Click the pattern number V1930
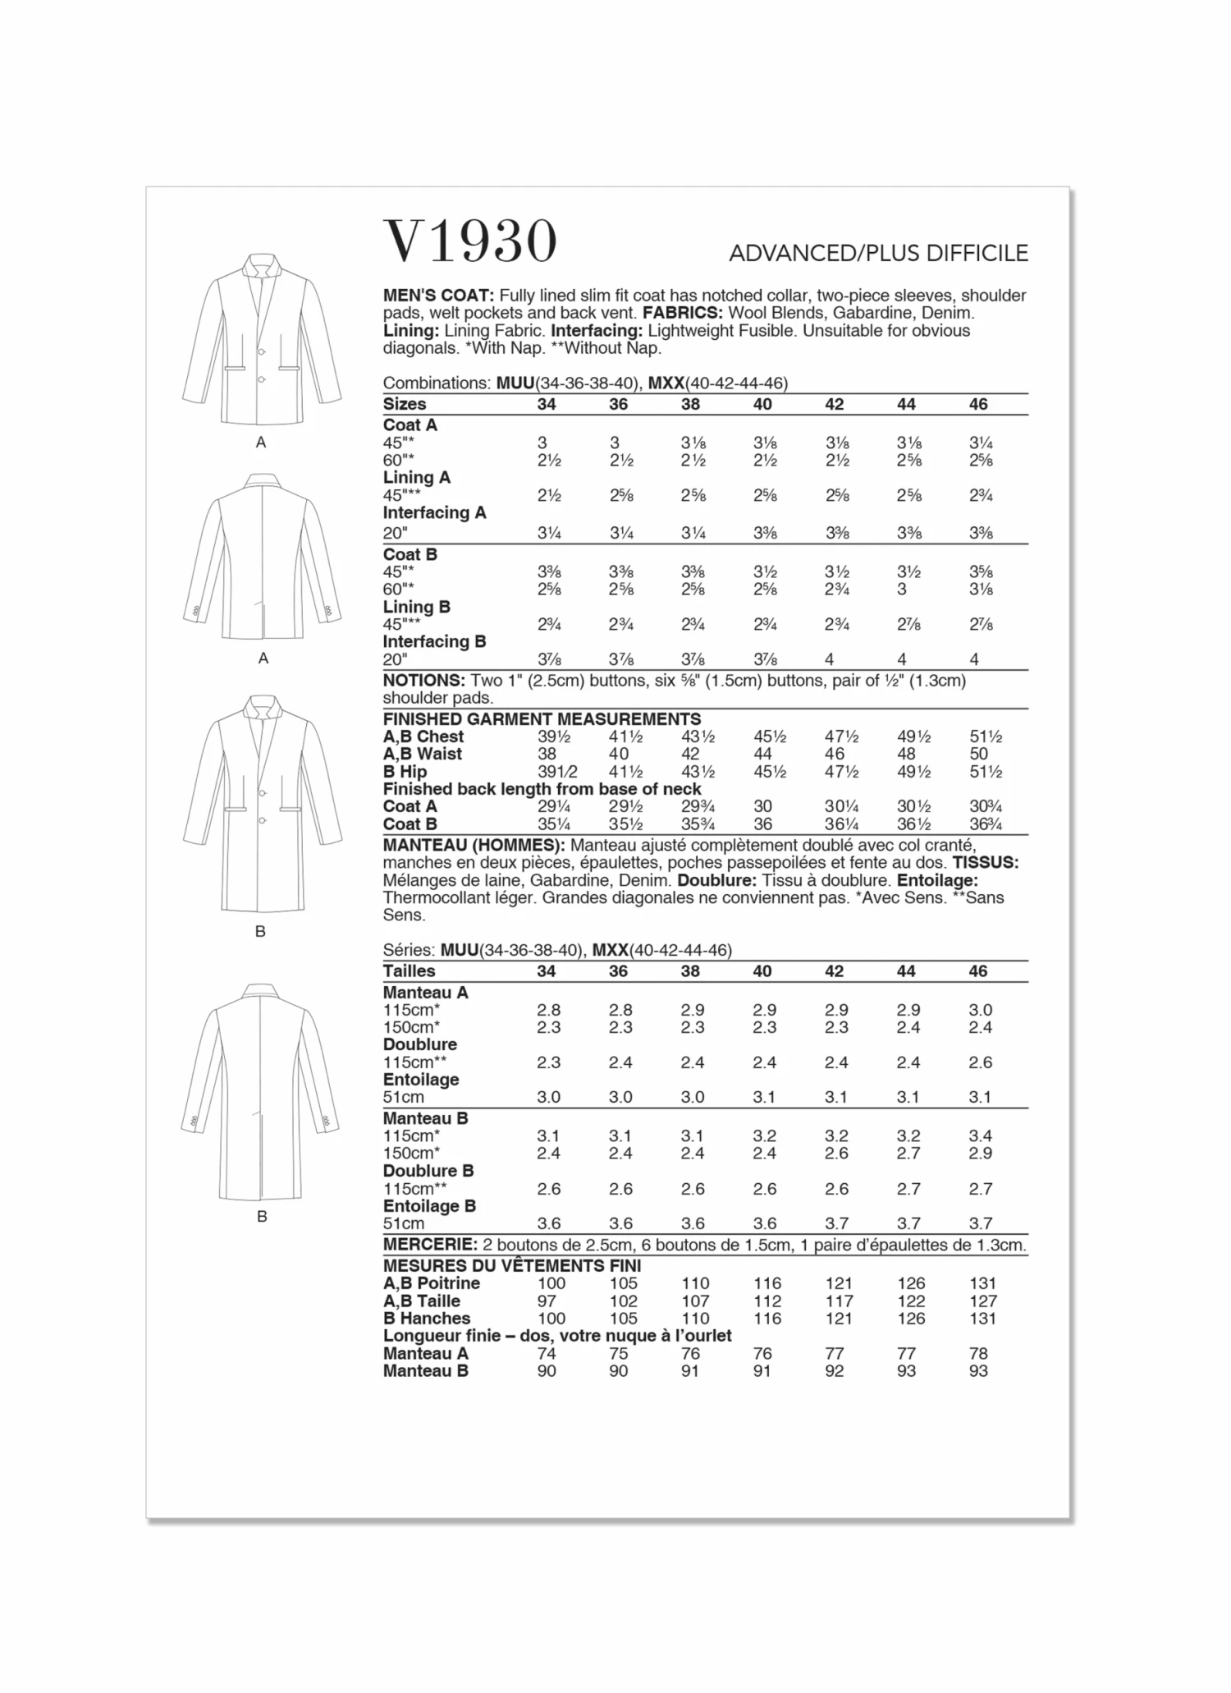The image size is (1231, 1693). point(470,241)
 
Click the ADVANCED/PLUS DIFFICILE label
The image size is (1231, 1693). point(878,253)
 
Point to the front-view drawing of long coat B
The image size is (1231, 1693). point(262,805)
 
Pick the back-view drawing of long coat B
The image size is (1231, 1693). point(261,1092)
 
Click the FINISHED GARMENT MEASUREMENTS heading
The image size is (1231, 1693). point(542,719)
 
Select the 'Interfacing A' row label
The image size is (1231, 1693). point(434,512)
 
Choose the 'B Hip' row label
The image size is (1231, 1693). point(405,772)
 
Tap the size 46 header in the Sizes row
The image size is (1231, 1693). point(978,404)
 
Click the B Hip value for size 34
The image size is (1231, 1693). point(552,772)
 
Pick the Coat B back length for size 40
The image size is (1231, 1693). point(762,824)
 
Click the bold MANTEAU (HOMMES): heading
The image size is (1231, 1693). point(474,846)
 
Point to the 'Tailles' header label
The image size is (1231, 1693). point(409,971)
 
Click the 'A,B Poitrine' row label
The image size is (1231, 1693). point(431,1283)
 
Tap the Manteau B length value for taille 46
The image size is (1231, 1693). point(978,1371)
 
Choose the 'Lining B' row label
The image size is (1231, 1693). point(416,607)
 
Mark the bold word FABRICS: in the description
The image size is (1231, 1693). point(682,313)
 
